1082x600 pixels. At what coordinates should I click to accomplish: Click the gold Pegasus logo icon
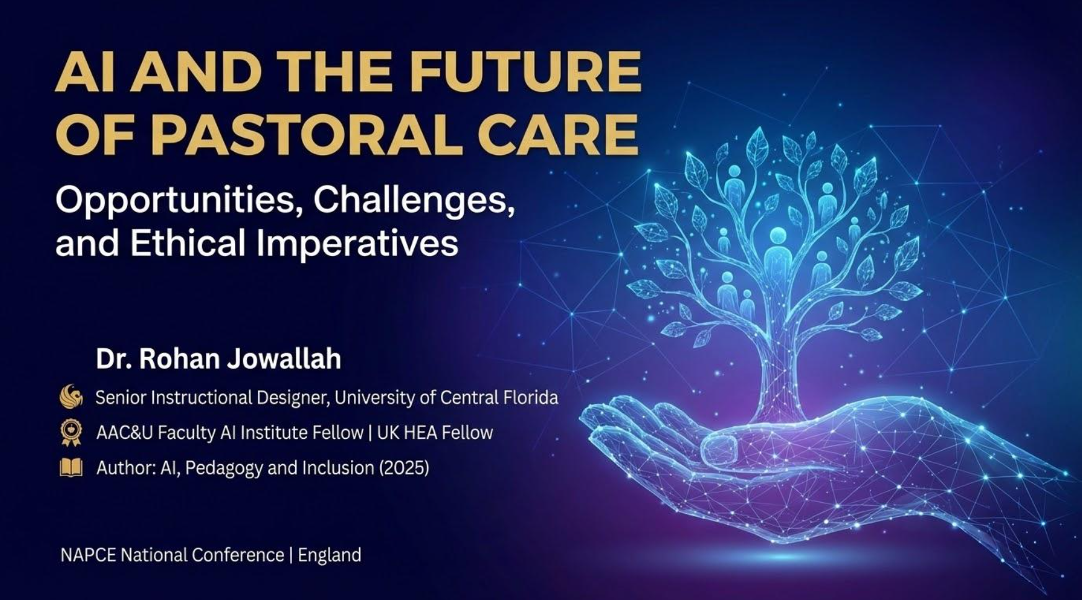tap(71, 397)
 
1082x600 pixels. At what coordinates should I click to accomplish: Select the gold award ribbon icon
tap(71, 433)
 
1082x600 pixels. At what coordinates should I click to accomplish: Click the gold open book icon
tap(71, 467)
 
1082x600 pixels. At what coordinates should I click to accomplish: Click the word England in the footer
tap(329, 555)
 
